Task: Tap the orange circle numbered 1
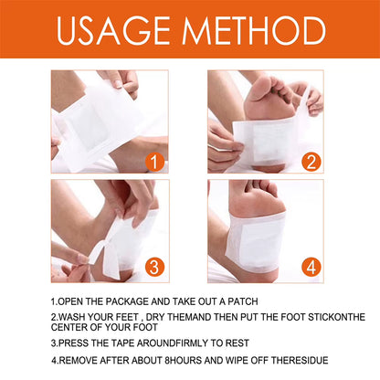[x=154, y=164]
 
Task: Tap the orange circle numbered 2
[x=311, y=164]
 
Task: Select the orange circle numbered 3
[x=154, y=268]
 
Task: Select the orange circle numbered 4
[x=311, y=268]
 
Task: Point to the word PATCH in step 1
[x=240, y=301]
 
